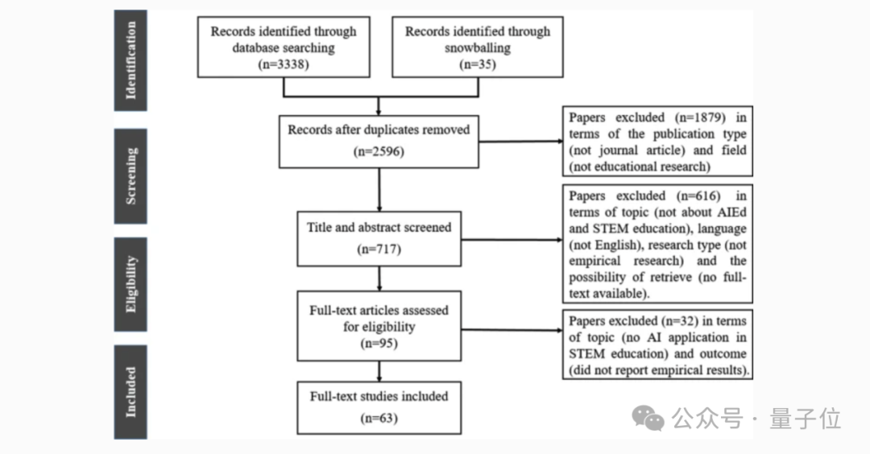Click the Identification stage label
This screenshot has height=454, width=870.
[x=130, y=60]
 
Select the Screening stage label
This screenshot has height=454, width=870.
[x=130, y=175]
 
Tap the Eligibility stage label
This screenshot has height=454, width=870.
[x=130, y=284]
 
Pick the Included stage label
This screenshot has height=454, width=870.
[x=130, y=392]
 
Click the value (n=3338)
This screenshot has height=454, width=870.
[x=284, y=64]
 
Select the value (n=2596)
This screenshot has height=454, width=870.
[x=378, y=150]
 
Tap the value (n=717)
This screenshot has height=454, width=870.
[x=378, y=249]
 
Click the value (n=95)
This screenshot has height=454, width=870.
[x=378, y=345]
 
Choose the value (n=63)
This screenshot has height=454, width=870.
[x=378, y=418]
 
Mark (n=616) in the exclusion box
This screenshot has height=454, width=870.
[x=694, y=196]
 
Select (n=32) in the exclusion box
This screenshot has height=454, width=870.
[x=680, y=321]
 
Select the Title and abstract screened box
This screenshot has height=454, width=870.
[x=379, y=238]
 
